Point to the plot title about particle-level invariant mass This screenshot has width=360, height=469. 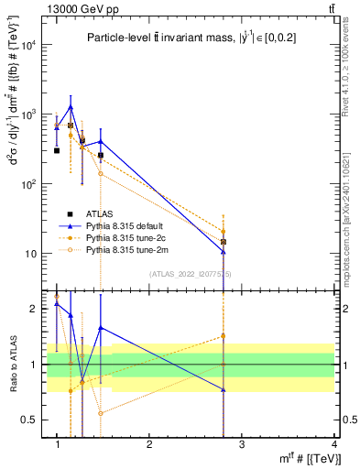(x=184, y=38)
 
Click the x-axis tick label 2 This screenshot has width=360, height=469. (x=150, y=444)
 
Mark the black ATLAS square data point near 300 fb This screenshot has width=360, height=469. (x=57, y=150)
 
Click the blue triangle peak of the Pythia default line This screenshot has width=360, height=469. (x=71, y=107)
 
